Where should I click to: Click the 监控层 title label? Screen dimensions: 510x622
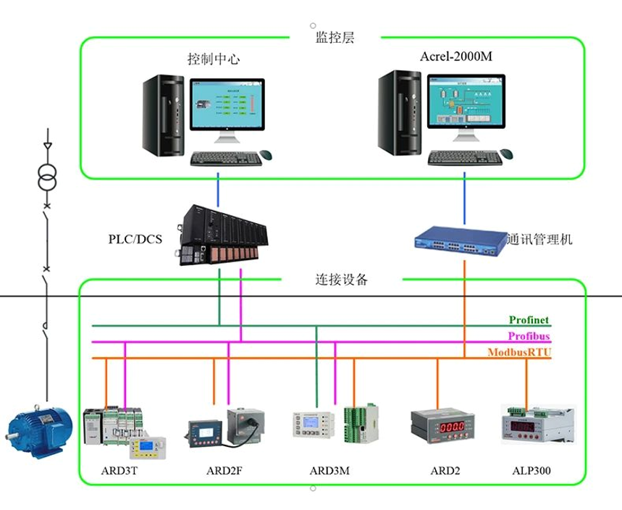[x=335, y=38]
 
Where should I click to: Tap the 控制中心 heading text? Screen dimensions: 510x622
[x=214, y=59]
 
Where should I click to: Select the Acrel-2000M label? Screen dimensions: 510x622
[x=456, y=57]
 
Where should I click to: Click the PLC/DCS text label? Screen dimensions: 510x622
[x=135, y=238]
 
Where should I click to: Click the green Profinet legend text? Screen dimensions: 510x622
[x=529, y=320]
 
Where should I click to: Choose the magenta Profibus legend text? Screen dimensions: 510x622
[x=529, y=337]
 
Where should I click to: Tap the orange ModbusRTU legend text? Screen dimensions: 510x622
[x=519, y=353]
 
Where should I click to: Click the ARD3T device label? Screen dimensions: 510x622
[x=119, y=471]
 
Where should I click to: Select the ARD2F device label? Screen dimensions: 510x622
[x=224, y=471]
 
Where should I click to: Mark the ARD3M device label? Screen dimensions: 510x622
[x=329, y=471]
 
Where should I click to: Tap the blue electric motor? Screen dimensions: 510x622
[x=38, y=430]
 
